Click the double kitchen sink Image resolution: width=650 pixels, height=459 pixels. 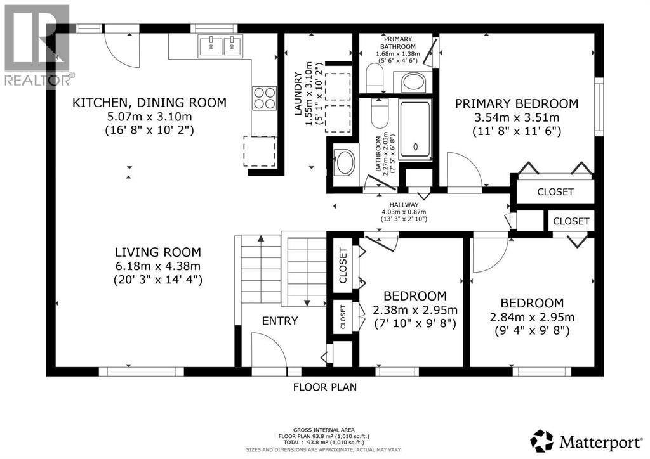coord(220,46)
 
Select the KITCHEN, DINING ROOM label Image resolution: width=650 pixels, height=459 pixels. coord(149,103)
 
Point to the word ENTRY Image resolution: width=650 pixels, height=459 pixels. coord(280,321)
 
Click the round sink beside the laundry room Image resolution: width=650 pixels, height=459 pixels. coord(345,162)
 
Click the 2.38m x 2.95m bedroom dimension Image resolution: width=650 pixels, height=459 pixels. coord(415,310)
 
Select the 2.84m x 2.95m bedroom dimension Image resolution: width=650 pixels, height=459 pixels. coord(532,317)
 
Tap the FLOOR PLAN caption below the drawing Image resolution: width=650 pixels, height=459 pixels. coord(324,386)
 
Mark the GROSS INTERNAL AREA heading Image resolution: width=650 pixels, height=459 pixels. coord(324,430)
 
